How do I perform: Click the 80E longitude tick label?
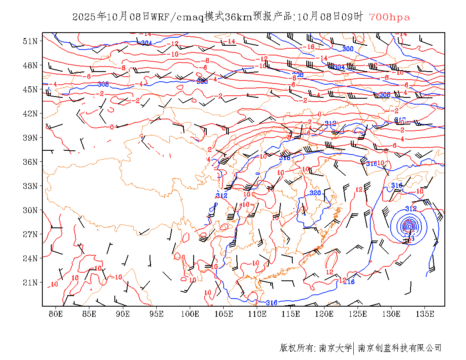pos(56,314)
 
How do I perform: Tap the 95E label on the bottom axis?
pos(157,314)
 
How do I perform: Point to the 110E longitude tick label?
pos(257,314)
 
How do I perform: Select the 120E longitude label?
pos(325,314)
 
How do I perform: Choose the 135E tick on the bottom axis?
pos(425,314)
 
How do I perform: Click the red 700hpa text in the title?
pos(389,17)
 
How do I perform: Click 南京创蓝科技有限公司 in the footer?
pos(400,348)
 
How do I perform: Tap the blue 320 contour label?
pos(315,193)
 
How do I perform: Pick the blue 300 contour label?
pos(347,49)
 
